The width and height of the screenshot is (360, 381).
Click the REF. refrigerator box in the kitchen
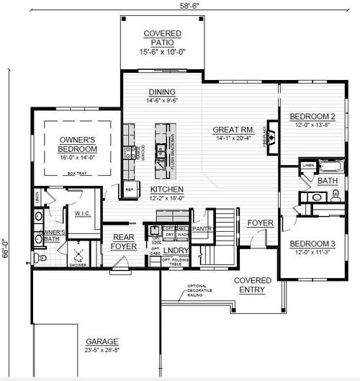(130, 189)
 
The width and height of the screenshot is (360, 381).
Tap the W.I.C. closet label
(76, 213)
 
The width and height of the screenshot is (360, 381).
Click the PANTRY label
(201, 229)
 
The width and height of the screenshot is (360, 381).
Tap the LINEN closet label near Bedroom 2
(308, 166)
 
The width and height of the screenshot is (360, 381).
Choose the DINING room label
(162, 92)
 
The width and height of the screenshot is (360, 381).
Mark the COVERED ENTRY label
(253, 284)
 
